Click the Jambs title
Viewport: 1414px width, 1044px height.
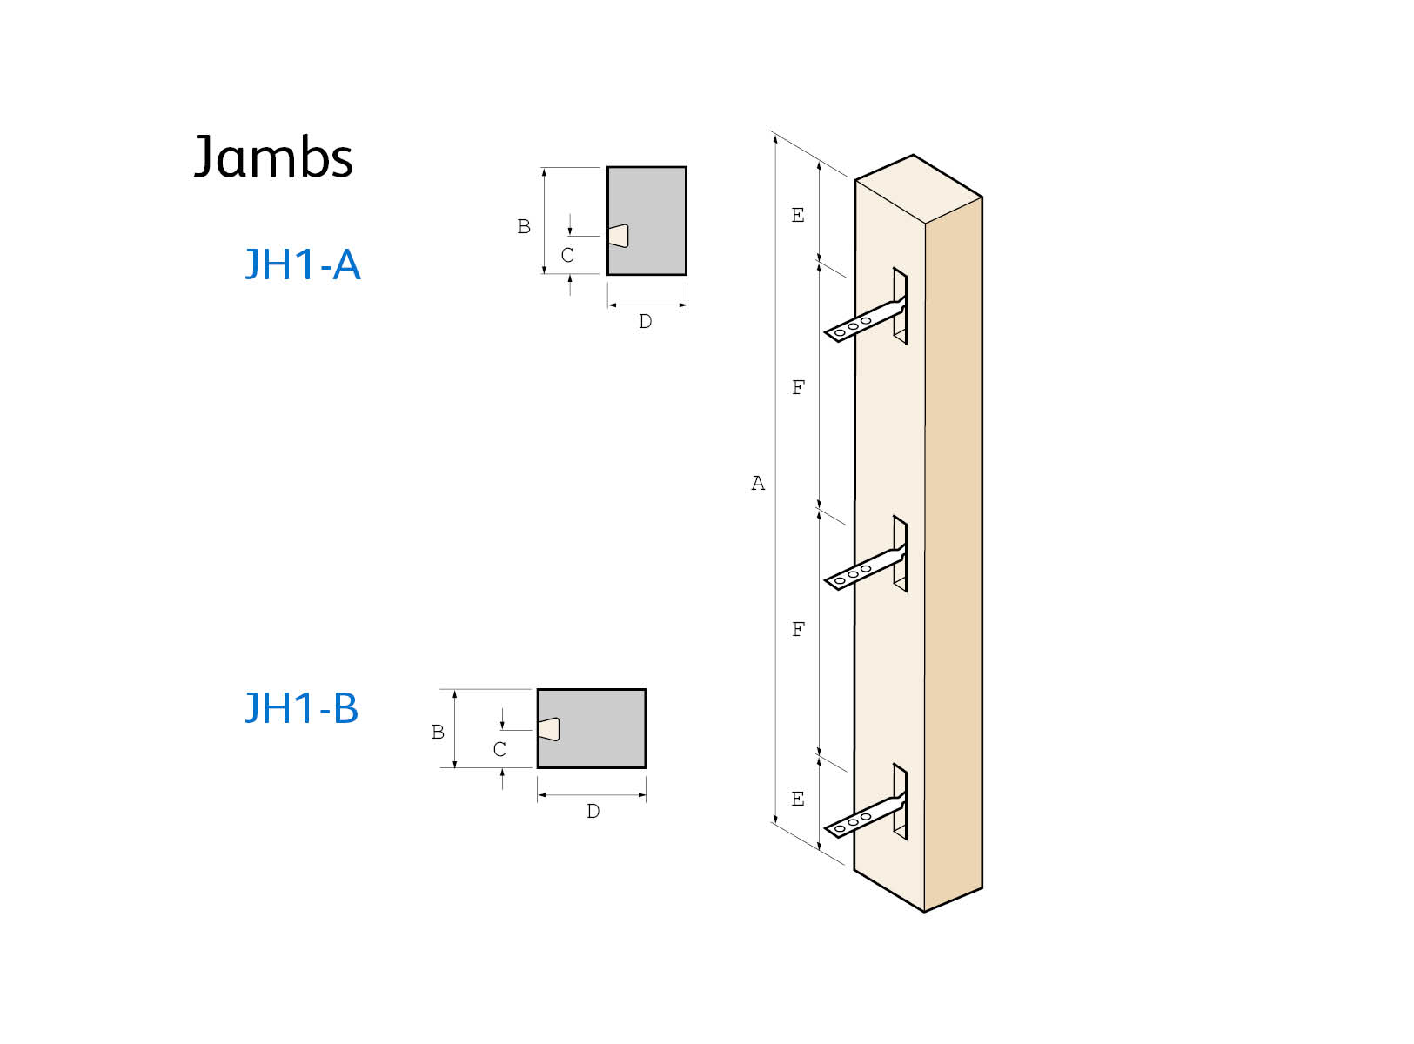(272, 157)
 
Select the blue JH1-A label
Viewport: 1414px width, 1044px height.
(302, 264)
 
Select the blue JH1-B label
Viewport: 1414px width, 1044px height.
(301, 708)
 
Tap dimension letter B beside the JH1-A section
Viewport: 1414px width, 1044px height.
(524, 227)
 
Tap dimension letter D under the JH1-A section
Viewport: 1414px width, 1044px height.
(645, 322)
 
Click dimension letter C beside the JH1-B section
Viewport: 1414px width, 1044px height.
(499, 749)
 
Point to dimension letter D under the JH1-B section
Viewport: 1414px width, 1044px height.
(593, 812)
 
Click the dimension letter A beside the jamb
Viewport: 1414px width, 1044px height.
(758, 484)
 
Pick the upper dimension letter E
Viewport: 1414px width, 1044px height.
(798, 216)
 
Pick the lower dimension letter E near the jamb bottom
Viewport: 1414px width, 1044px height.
(798, 800)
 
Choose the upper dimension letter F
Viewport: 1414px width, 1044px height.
(798, 388)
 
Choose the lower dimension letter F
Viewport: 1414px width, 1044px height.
(798, 630)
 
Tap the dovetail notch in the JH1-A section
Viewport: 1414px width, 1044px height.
(618, 236)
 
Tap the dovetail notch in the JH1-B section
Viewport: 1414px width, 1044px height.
(548, 729)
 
